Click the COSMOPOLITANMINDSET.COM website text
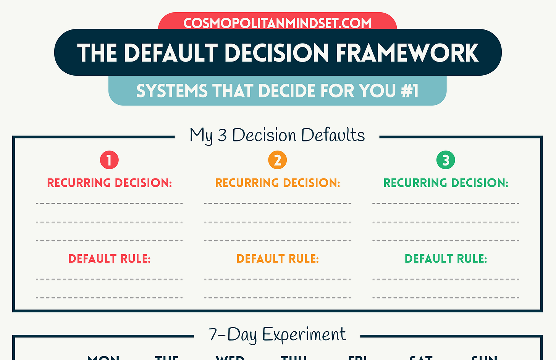click(x=277, y=23)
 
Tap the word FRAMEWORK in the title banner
click(x=407, y=53)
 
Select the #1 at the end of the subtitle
click(x=410, y=91)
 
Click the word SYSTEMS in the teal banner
click(x=172, y=91)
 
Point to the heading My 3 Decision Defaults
click(x=277, y=135)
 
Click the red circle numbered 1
click(x=109, y=160)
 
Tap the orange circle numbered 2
click(x=278, y=160)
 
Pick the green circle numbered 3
click(x=446, y=160)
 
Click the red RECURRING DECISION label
click(x=109, y=183)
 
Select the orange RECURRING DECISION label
click(x=278, y=183)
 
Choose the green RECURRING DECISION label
click(x=446, y=183)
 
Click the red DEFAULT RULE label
click(x=109, y=259)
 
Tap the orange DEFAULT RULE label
click(x=278, y=259)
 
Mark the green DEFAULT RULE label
click(x=446, y=259)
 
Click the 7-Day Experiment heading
click(x=277, y=334)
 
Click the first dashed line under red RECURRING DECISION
click(x=109, y=203)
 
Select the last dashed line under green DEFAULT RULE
click(x=446, y=298)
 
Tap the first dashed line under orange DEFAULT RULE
click(x=278, y=279)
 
